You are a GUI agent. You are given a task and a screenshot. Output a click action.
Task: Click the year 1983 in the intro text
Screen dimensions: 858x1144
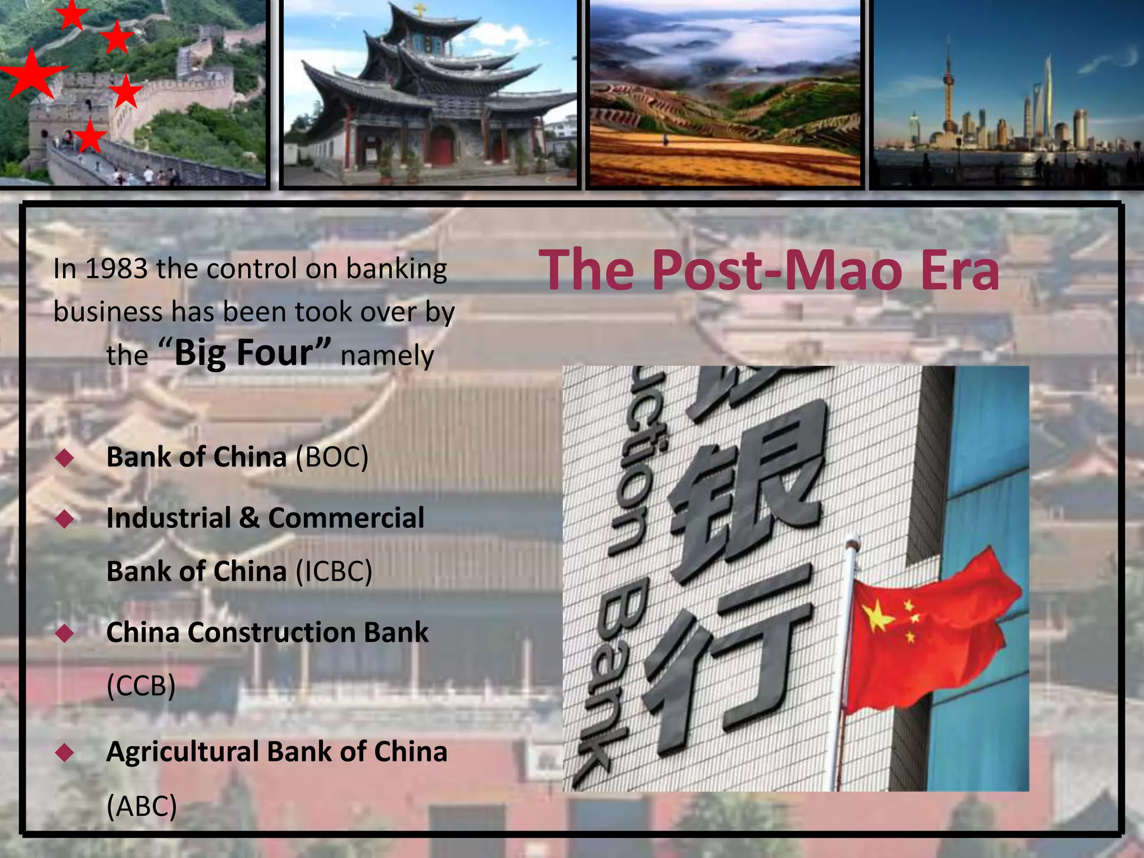pos(116,269)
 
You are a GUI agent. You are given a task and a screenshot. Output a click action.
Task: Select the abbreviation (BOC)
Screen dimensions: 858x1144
pos(332,457)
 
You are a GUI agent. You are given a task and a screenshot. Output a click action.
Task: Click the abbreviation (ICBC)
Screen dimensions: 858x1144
pos(333,571)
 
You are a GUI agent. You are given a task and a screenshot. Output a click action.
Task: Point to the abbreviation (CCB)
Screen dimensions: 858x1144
pos(141,685)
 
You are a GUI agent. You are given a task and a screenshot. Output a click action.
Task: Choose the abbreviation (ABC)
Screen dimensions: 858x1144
pos(141,806)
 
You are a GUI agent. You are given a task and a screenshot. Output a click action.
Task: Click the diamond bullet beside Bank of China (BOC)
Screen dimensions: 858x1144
pos(65,459)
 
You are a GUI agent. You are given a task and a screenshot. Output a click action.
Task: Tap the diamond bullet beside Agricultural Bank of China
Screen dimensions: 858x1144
pos(65,753)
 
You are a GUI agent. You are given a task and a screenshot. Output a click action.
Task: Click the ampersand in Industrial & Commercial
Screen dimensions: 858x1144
pos(249,518)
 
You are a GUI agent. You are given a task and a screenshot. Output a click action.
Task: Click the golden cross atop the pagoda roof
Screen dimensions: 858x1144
pos(419,9)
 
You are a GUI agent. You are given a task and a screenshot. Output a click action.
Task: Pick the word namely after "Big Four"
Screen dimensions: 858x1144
pos(387,356)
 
